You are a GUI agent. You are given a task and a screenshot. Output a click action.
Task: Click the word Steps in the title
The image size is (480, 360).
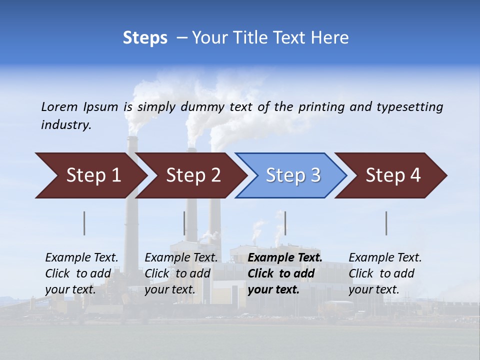click(x=145, y=38)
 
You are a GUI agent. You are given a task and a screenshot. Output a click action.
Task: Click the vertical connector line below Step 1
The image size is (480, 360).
click(x=84, y=223)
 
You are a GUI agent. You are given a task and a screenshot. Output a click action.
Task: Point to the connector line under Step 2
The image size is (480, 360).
click(x=184, y=223)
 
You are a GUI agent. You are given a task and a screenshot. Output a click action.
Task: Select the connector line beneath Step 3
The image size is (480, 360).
click(x=285, y=223)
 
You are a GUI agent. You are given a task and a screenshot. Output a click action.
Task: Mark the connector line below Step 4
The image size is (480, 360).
click(x=386, y=223)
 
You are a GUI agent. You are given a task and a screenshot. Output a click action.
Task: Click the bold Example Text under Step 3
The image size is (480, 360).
click(x=285, y=273)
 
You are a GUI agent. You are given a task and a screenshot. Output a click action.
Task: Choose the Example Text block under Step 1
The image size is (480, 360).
click(x=81, y=273)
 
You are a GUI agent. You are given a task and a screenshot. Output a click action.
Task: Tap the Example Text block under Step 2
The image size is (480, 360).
click(x=181, y=273)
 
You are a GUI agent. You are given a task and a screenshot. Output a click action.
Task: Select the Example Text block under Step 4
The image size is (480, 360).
click(x=385, y=273)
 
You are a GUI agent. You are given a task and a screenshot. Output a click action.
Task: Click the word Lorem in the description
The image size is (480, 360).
click(x=59, y=106)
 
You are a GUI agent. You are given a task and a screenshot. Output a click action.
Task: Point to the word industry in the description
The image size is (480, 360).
click(x=66, y=125)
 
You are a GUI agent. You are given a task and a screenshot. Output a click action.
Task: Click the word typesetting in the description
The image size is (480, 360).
click(x=409, y=107)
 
